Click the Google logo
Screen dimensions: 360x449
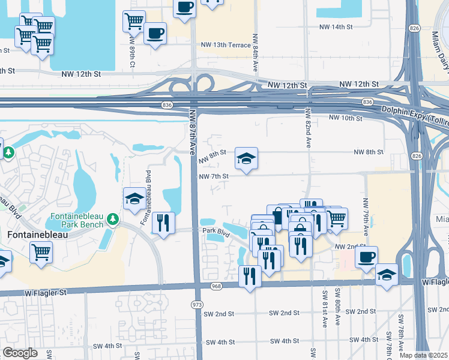[20, 353]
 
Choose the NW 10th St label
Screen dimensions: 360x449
[346, 118]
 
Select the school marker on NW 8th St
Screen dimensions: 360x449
[246, 158]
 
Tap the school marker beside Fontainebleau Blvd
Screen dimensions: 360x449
[134, 199]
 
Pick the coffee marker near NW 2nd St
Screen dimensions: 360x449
[366, 257]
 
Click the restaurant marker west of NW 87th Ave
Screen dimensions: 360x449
[163, 223]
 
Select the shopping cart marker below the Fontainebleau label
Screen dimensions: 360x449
[41, 253]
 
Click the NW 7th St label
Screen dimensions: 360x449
[214, 176]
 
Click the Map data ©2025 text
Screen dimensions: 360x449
[424, 355]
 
